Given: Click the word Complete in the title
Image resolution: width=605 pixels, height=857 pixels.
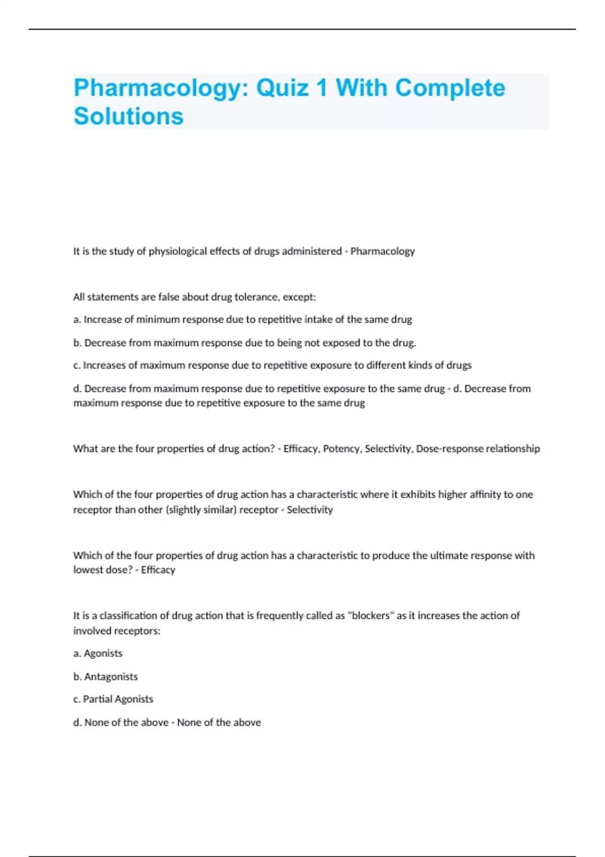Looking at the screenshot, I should coord(450,88).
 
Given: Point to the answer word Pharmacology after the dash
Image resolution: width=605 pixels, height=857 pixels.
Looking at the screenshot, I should coord(383,251).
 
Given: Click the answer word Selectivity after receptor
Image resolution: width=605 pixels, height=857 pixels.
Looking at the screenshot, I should coord(310,510).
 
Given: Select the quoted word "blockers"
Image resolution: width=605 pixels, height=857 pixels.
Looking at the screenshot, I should coord(369,616).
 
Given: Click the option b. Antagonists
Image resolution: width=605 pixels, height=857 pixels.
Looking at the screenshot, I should coord(105,677).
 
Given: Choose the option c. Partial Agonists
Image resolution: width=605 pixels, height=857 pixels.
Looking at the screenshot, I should coord(113,699).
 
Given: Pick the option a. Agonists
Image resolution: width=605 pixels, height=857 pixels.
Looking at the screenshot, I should coord(98,653).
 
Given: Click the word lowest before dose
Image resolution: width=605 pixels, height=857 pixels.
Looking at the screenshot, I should coord(87,570).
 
